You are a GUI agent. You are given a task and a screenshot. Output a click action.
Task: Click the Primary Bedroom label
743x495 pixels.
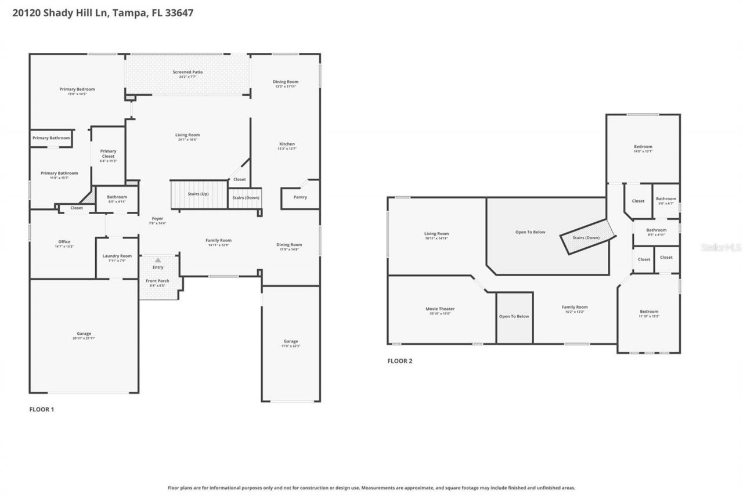click(77, 89)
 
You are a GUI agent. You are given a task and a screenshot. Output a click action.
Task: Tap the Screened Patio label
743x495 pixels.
click(187, 73)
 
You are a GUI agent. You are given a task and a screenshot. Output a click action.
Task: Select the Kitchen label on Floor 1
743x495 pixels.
click(287, 144)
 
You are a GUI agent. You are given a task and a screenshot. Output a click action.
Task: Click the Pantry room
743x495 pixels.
click(300, 197)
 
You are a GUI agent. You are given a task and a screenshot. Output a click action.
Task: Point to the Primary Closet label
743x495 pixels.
click(109, 154)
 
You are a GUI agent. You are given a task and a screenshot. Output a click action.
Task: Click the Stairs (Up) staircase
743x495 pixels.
click(198, 194)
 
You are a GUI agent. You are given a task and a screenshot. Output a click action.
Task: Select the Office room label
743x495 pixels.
click(64, 242)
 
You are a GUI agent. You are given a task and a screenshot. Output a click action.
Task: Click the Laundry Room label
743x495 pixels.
click(117, 256)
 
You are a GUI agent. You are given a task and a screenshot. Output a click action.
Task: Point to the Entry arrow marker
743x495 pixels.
click(158, 260)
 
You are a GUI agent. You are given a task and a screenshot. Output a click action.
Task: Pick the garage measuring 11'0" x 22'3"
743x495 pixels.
click(291, 341)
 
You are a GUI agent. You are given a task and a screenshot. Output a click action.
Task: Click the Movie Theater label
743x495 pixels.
click(440, 309)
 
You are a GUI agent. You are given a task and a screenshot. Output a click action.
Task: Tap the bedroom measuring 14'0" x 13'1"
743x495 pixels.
click(643, 147)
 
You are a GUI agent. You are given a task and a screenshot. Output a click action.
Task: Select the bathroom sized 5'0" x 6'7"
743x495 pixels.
click(666, 199)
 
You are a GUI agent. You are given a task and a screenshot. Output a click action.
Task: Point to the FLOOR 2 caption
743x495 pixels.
click(400, 361)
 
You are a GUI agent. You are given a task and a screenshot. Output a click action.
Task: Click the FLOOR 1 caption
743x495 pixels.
click(42, 409)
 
